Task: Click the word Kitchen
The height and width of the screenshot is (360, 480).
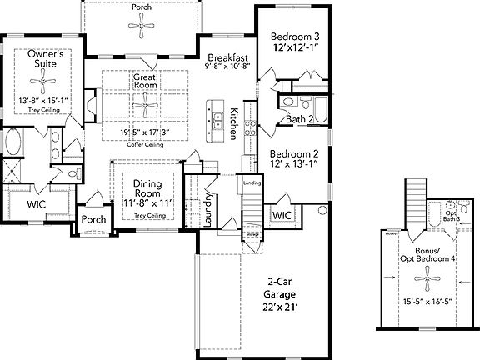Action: (236, 122)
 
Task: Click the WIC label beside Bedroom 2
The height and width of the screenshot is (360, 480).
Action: (279, 215)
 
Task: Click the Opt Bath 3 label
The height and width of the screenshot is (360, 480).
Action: (451, 216)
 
